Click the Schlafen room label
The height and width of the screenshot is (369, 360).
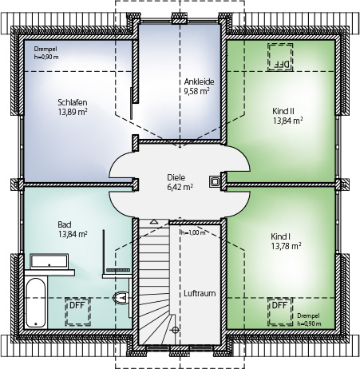tap(73, 102)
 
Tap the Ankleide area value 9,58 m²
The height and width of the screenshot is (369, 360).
tap(196, 91)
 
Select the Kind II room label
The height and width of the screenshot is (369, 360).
tap(283, 111)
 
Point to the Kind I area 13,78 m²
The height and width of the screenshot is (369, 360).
tap(287, 246)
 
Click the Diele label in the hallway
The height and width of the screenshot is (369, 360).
tap(176, 177)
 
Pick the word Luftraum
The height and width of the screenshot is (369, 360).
tap(200, 293)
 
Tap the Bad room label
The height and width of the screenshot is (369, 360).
tap(65, 224)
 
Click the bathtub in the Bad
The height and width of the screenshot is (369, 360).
tap(36, 303)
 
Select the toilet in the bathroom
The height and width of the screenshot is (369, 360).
tap(121, 298)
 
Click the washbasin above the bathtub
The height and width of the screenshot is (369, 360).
tap(49, 260)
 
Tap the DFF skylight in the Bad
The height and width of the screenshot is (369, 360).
tap(78, 311)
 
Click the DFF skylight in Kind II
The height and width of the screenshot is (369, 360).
tap(280, 58)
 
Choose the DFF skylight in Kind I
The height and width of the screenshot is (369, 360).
tap(280, 311)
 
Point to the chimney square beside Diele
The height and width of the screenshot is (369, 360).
tap(215, 182)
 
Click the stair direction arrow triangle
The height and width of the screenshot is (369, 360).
tap(153, 221)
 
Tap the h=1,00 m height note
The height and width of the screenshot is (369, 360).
tap(193, 232)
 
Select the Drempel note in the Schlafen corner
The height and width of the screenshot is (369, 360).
tap(46, 53)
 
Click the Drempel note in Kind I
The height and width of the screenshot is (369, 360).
tap(309, 319)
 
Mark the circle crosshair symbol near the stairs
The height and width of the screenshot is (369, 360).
tap(175, 330)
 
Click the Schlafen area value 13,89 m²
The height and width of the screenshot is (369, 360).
tap(73, 112)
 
